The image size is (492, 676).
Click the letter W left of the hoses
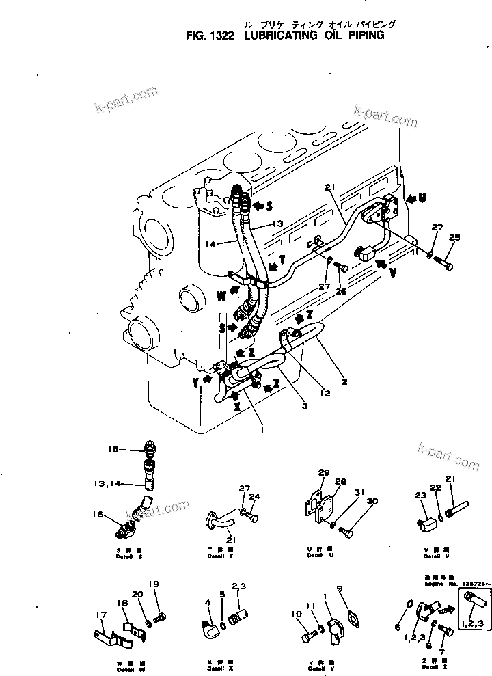[x=221, y=297]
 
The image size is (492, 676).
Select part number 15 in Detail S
[x=113, y=449]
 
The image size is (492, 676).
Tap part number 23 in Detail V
[x=420, y=497]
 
